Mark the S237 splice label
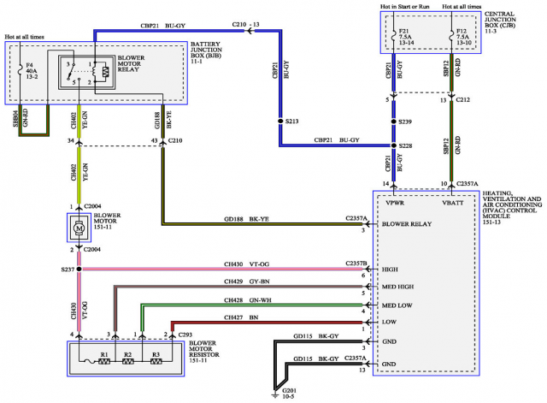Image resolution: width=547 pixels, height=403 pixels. pyautogui.click(x=67, y=269)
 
